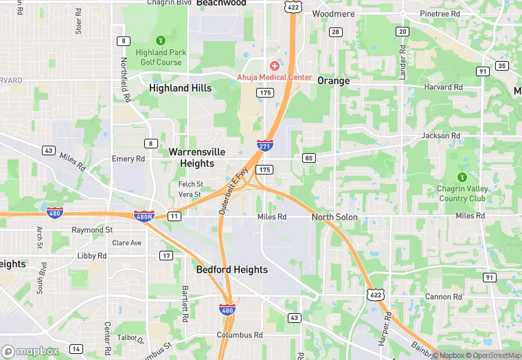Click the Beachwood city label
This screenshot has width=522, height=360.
[221, 3]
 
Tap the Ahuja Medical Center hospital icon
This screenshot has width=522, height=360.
[275, 66]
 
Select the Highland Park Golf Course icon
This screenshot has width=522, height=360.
[161, 40]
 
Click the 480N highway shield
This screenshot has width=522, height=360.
[144, 216]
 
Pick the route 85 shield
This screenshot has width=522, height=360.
[308, 158]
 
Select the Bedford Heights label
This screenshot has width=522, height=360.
[231, 269]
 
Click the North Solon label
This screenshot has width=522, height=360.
[334, 217]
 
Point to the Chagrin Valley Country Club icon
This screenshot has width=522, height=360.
[462, 177]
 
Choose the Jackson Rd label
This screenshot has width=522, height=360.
[441, 136]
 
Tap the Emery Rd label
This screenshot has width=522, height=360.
[128, 159]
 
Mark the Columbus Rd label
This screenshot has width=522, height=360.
[240, 335]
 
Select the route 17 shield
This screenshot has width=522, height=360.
[166, 256]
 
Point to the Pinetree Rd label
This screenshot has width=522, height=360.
[440, 14]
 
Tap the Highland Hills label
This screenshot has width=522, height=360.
[179, 88]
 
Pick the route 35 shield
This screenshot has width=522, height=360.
[502, 66]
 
